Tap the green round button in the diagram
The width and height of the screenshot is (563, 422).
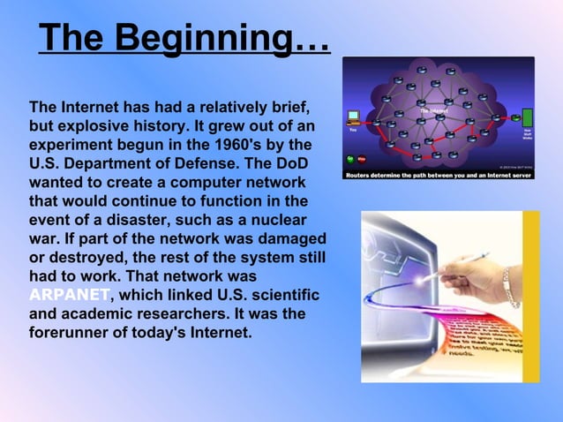(350, 159)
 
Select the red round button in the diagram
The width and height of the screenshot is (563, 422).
(362, 159)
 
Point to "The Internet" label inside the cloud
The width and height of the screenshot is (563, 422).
(432, 111)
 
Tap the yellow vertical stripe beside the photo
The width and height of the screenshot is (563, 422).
(530, 296)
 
